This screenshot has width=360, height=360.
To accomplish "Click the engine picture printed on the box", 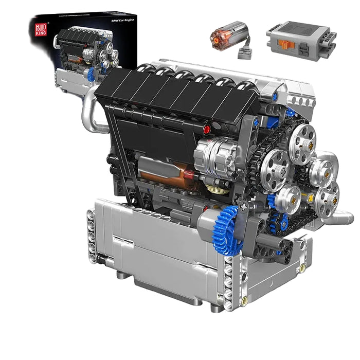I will click(x=85, y=51).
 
